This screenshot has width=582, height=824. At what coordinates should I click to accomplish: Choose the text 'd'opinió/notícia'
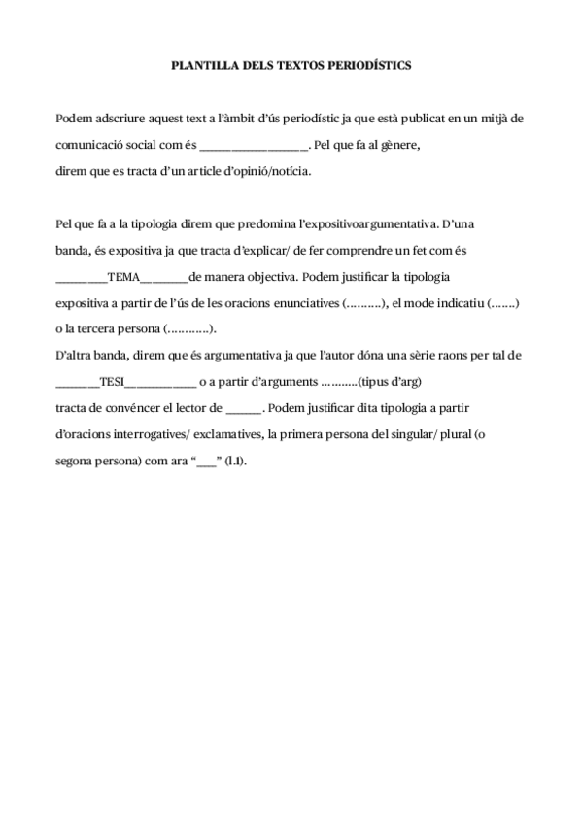pos(265,170)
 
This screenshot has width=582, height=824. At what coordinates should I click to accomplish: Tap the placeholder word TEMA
pos(123,277)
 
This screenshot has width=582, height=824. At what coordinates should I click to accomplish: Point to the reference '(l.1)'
pos(236,461)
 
